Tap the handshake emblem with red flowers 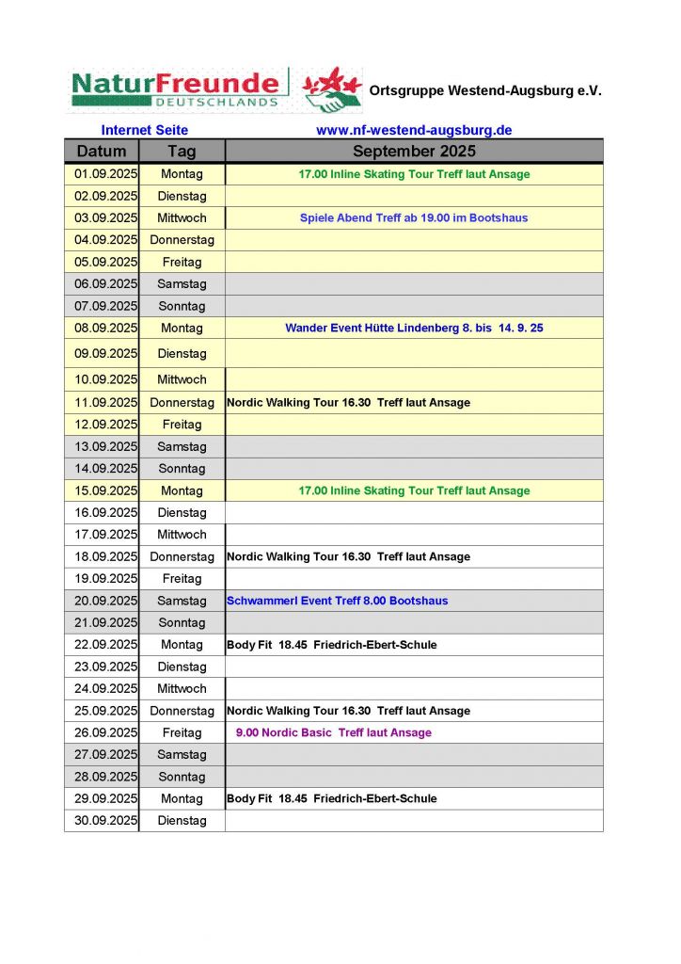pyautogui.click(x=332, y=90)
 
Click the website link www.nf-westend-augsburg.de pyautogui.click(x=414, y=131)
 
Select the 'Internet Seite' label pyautogui.click(x=145, y=131)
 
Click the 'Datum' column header pyautogui.click(x=102, y=152)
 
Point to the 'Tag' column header pyautogui.click(x=182, y=152)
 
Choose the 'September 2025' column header pyautogui.click(x=414, y=152)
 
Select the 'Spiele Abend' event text pyautogui.click(x=414, y=218)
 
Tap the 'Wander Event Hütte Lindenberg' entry pyautogui.click(x=414, y=329)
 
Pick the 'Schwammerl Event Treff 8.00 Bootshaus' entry pyautogui.click(x=337, y=601)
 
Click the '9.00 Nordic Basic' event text pyautogui.click(x=333, y=732)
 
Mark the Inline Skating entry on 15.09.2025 pyautogui.click(x=414, y=490)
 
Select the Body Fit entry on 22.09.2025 pyautogui.click(x=331, y=645)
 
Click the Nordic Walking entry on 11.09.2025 pyautogui.click(x=348, y=403)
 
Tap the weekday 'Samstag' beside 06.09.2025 pyautogui.click(x=182, y=284)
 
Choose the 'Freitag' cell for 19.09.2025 pyautogui.click(x=182, y=579)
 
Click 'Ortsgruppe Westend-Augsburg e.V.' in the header pyautogui.click(x=485, y=91)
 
